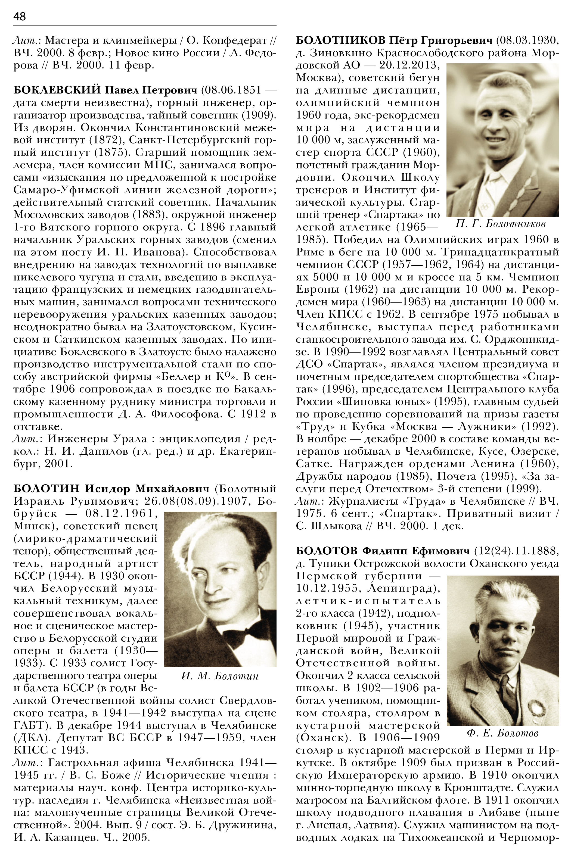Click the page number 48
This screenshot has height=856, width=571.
(20, 16)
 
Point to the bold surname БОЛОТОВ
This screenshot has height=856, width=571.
(327, 551)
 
